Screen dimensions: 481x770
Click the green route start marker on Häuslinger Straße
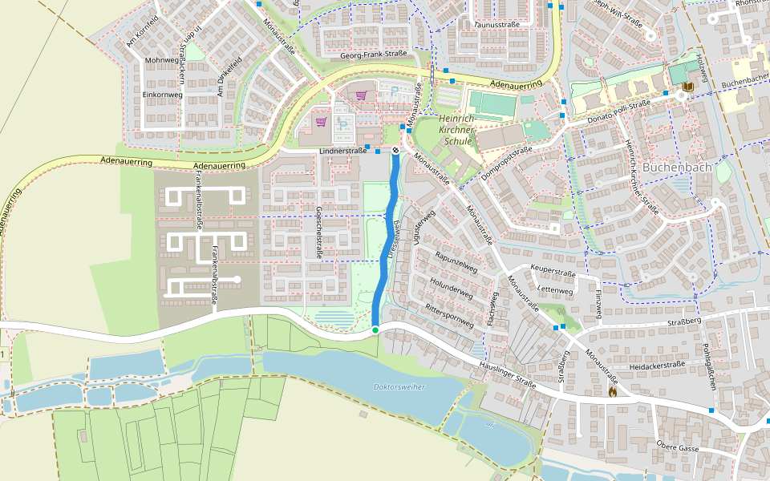pos(375,329)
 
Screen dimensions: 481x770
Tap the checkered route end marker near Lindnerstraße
pos(395,150)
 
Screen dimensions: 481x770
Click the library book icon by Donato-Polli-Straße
pos(687,87)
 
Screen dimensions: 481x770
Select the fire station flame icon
pos(613,392)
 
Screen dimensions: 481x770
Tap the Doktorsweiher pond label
pos(399,386)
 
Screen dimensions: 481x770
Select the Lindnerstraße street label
pos(342,151)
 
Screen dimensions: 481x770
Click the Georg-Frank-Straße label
pos(374,55)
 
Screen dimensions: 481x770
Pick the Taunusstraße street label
pos(497,25)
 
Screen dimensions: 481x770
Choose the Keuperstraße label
pos(553,273)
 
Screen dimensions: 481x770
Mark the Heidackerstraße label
pos(657,365)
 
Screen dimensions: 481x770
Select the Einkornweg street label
pos(163,95)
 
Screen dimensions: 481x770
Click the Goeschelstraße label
pos(319,232)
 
